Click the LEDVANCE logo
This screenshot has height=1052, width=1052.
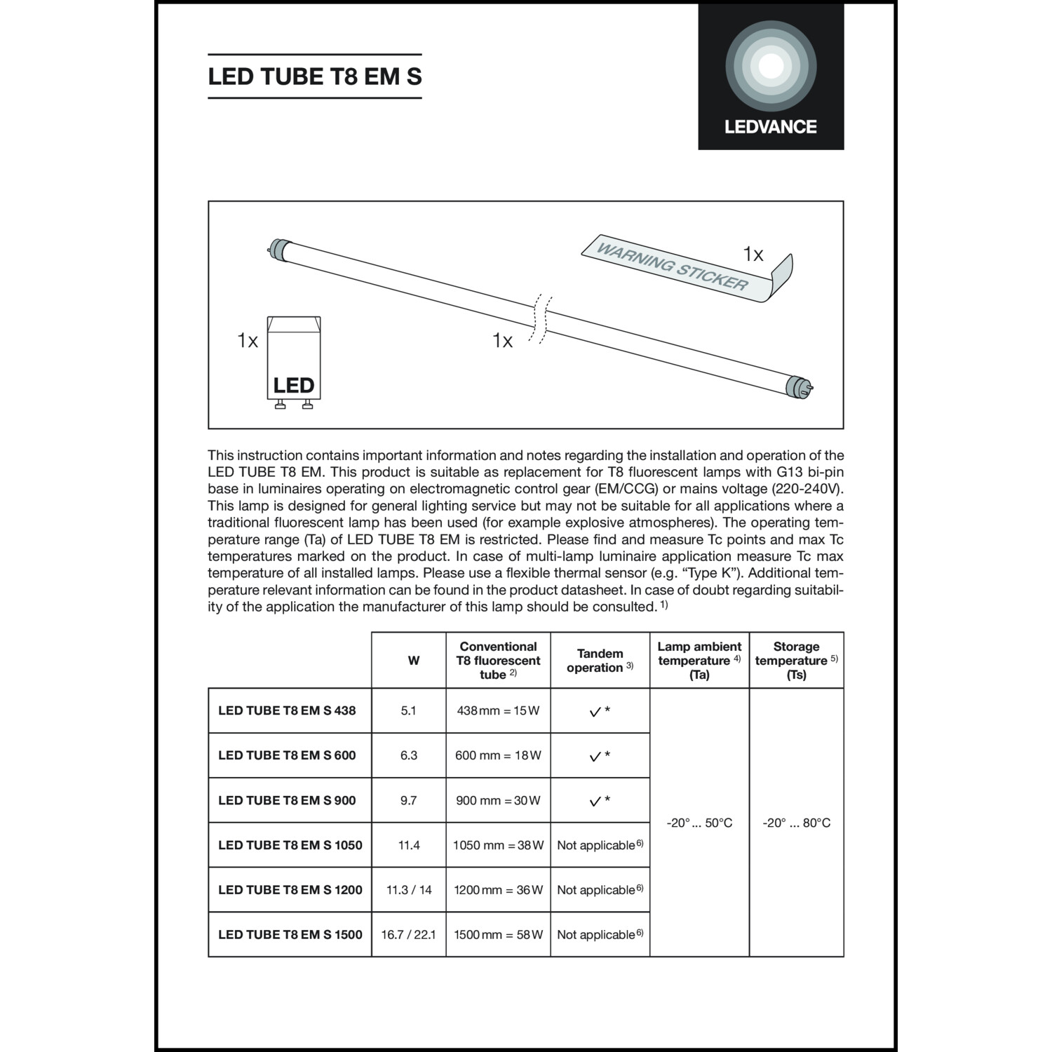click(771, 77)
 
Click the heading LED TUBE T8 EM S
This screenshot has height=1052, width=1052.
click(315, 76)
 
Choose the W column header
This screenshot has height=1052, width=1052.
click(414, 661)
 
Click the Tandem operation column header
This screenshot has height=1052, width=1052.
click(600, 661)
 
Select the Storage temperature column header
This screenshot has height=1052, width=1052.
click(796, 661)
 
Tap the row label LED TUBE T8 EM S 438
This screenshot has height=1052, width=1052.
click(287, 710)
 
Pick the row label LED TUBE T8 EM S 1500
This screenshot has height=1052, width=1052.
click(290, 934)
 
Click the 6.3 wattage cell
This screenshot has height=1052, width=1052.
click(409, 755)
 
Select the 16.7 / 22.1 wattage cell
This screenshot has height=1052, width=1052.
click(409, 934)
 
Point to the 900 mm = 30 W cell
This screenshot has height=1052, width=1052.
click(498, 800)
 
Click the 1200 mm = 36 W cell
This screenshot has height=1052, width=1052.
click(498, 890)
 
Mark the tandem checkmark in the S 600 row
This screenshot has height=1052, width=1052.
click(595, 756)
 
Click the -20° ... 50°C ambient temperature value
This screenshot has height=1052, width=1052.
click(699, 823)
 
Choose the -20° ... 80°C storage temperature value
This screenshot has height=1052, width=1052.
click(796, 823)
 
